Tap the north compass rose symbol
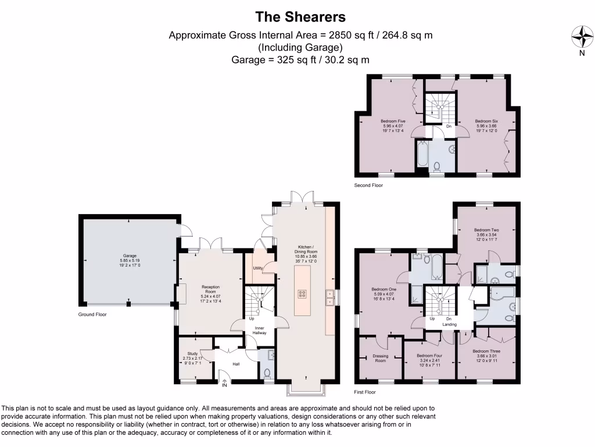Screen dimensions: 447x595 (x=582, y=38)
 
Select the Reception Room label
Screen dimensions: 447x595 (x=210, y=290)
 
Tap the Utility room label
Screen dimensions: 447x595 (x=257, y=268)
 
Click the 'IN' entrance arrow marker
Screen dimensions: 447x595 (x=224, y=383)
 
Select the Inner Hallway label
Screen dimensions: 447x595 (x=259, y=331)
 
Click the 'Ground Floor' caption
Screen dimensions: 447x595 (x=92, y=314)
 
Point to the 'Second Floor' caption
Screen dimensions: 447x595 (x=368, y=185)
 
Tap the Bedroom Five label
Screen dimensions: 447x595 (x=393, y=124)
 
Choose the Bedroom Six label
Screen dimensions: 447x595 (x=486, y=124)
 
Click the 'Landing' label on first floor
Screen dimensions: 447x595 (x=449, y=325)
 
